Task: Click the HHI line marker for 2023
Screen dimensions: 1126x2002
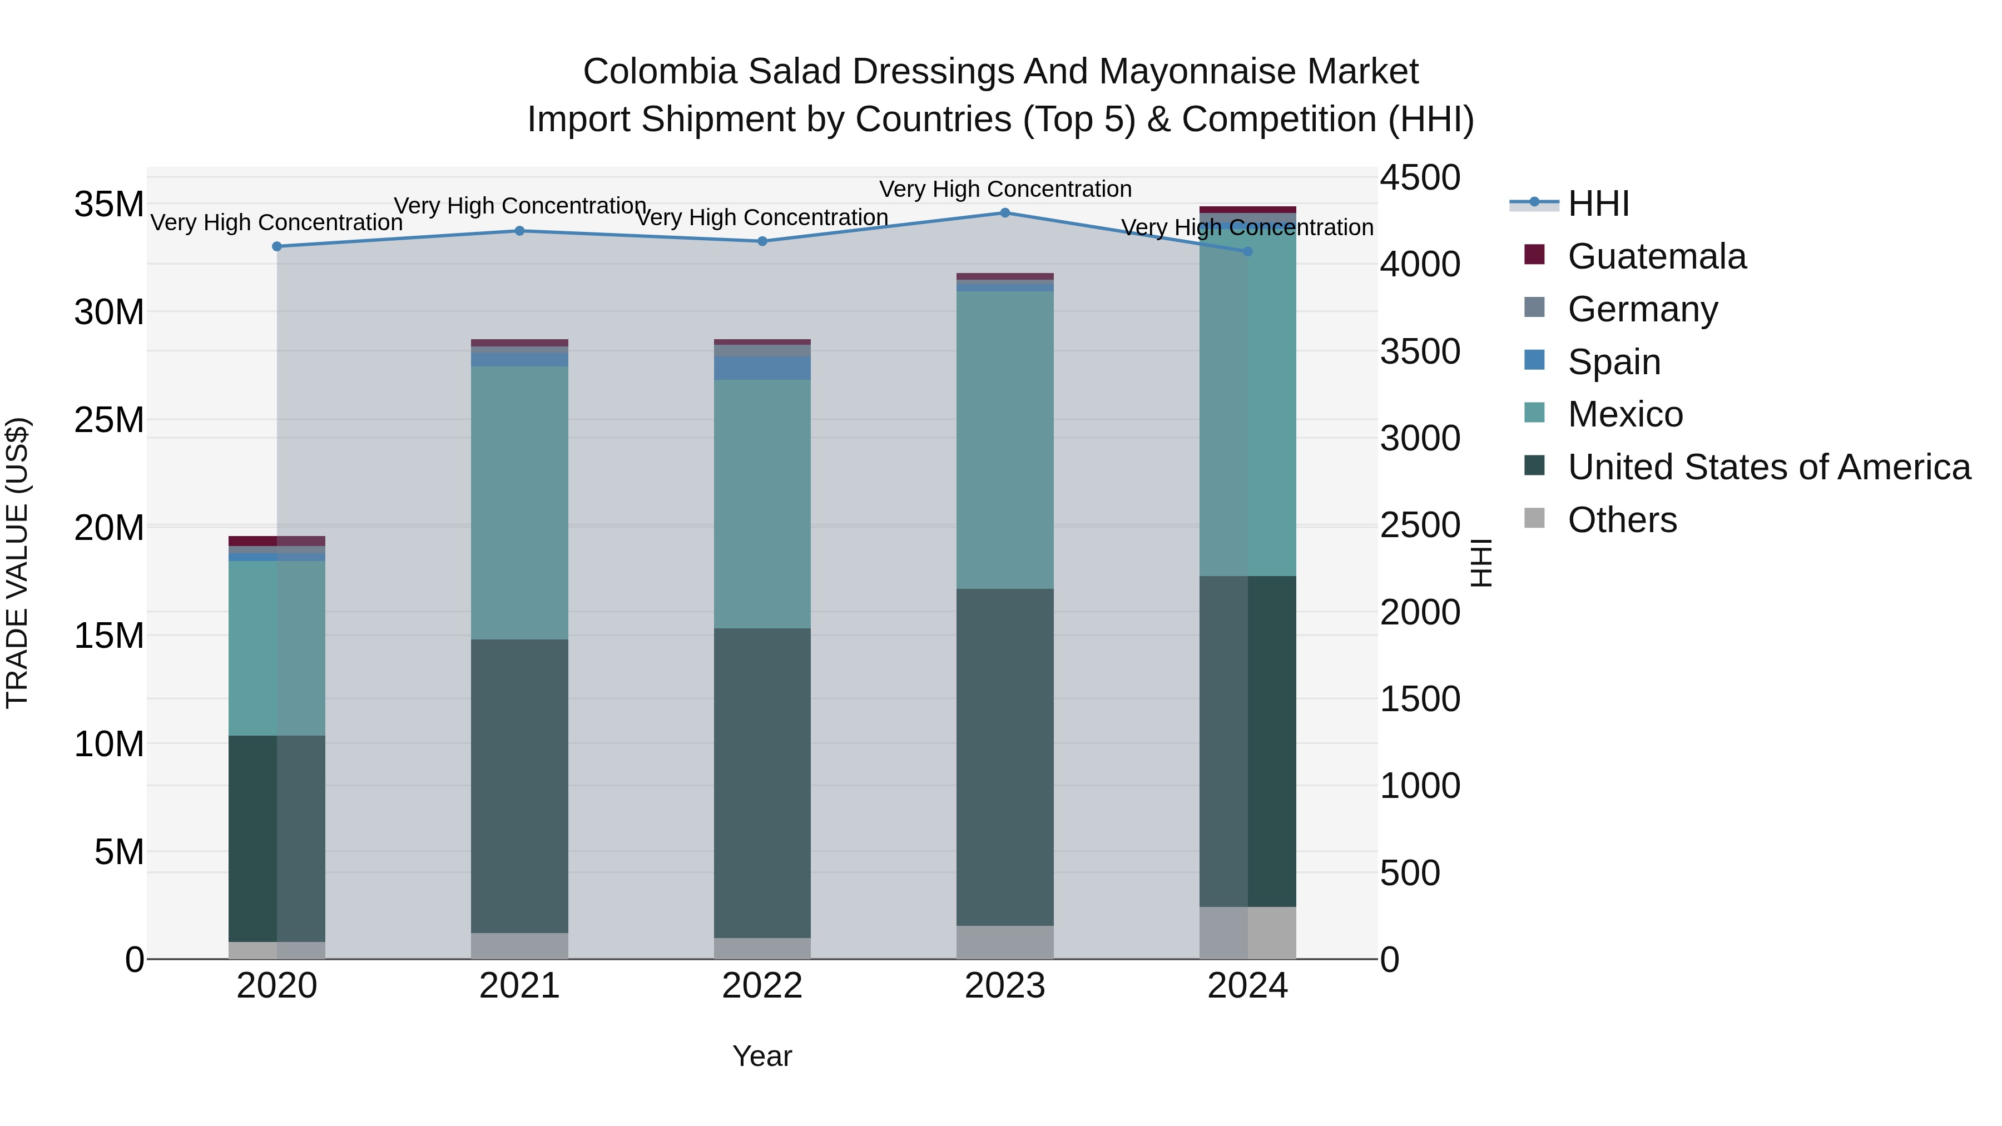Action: click(x=1005, y=212)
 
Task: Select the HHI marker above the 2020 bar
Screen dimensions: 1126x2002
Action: click(x=277, y=246)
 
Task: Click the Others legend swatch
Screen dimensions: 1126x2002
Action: click(x=1534, y=518)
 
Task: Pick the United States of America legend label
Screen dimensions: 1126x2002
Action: click(x=1769, y=467)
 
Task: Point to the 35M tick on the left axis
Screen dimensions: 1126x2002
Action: click(x=109, y=205)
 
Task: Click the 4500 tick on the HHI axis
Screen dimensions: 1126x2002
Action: click(x=1419, y=178)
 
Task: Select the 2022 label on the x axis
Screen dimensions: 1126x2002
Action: click(x=762, y=986)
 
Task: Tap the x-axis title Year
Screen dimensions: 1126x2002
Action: click(x=762, y=1056)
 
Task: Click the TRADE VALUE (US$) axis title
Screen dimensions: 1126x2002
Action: click(x=17, y=563)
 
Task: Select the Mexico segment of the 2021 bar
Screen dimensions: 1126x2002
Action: click(x=519, y=502)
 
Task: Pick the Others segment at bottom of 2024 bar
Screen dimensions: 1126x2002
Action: click(x=1247, y=932)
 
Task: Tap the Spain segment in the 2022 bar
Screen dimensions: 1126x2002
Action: click(x=762, y=368)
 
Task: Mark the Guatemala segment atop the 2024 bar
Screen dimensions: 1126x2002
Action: click(x=1247, y=210)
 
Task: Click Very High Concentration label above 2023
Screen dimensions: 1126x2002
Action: click(x=1005, y=189)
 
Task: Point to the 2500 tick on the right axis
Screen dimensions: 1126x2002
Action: click(x=1419, y=525)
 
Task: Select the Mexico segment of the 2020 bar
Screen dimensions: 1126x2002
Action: click(x=277, y=648)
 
